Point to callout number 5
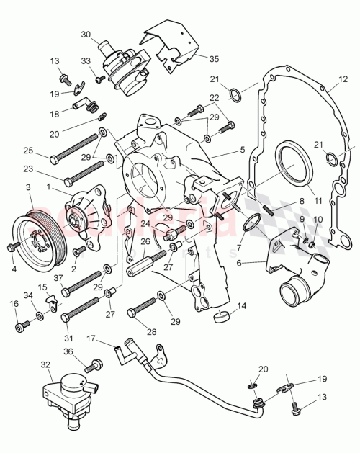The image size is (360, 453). point(242,153)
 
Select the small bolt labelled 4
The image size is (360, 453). point(12,247)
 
